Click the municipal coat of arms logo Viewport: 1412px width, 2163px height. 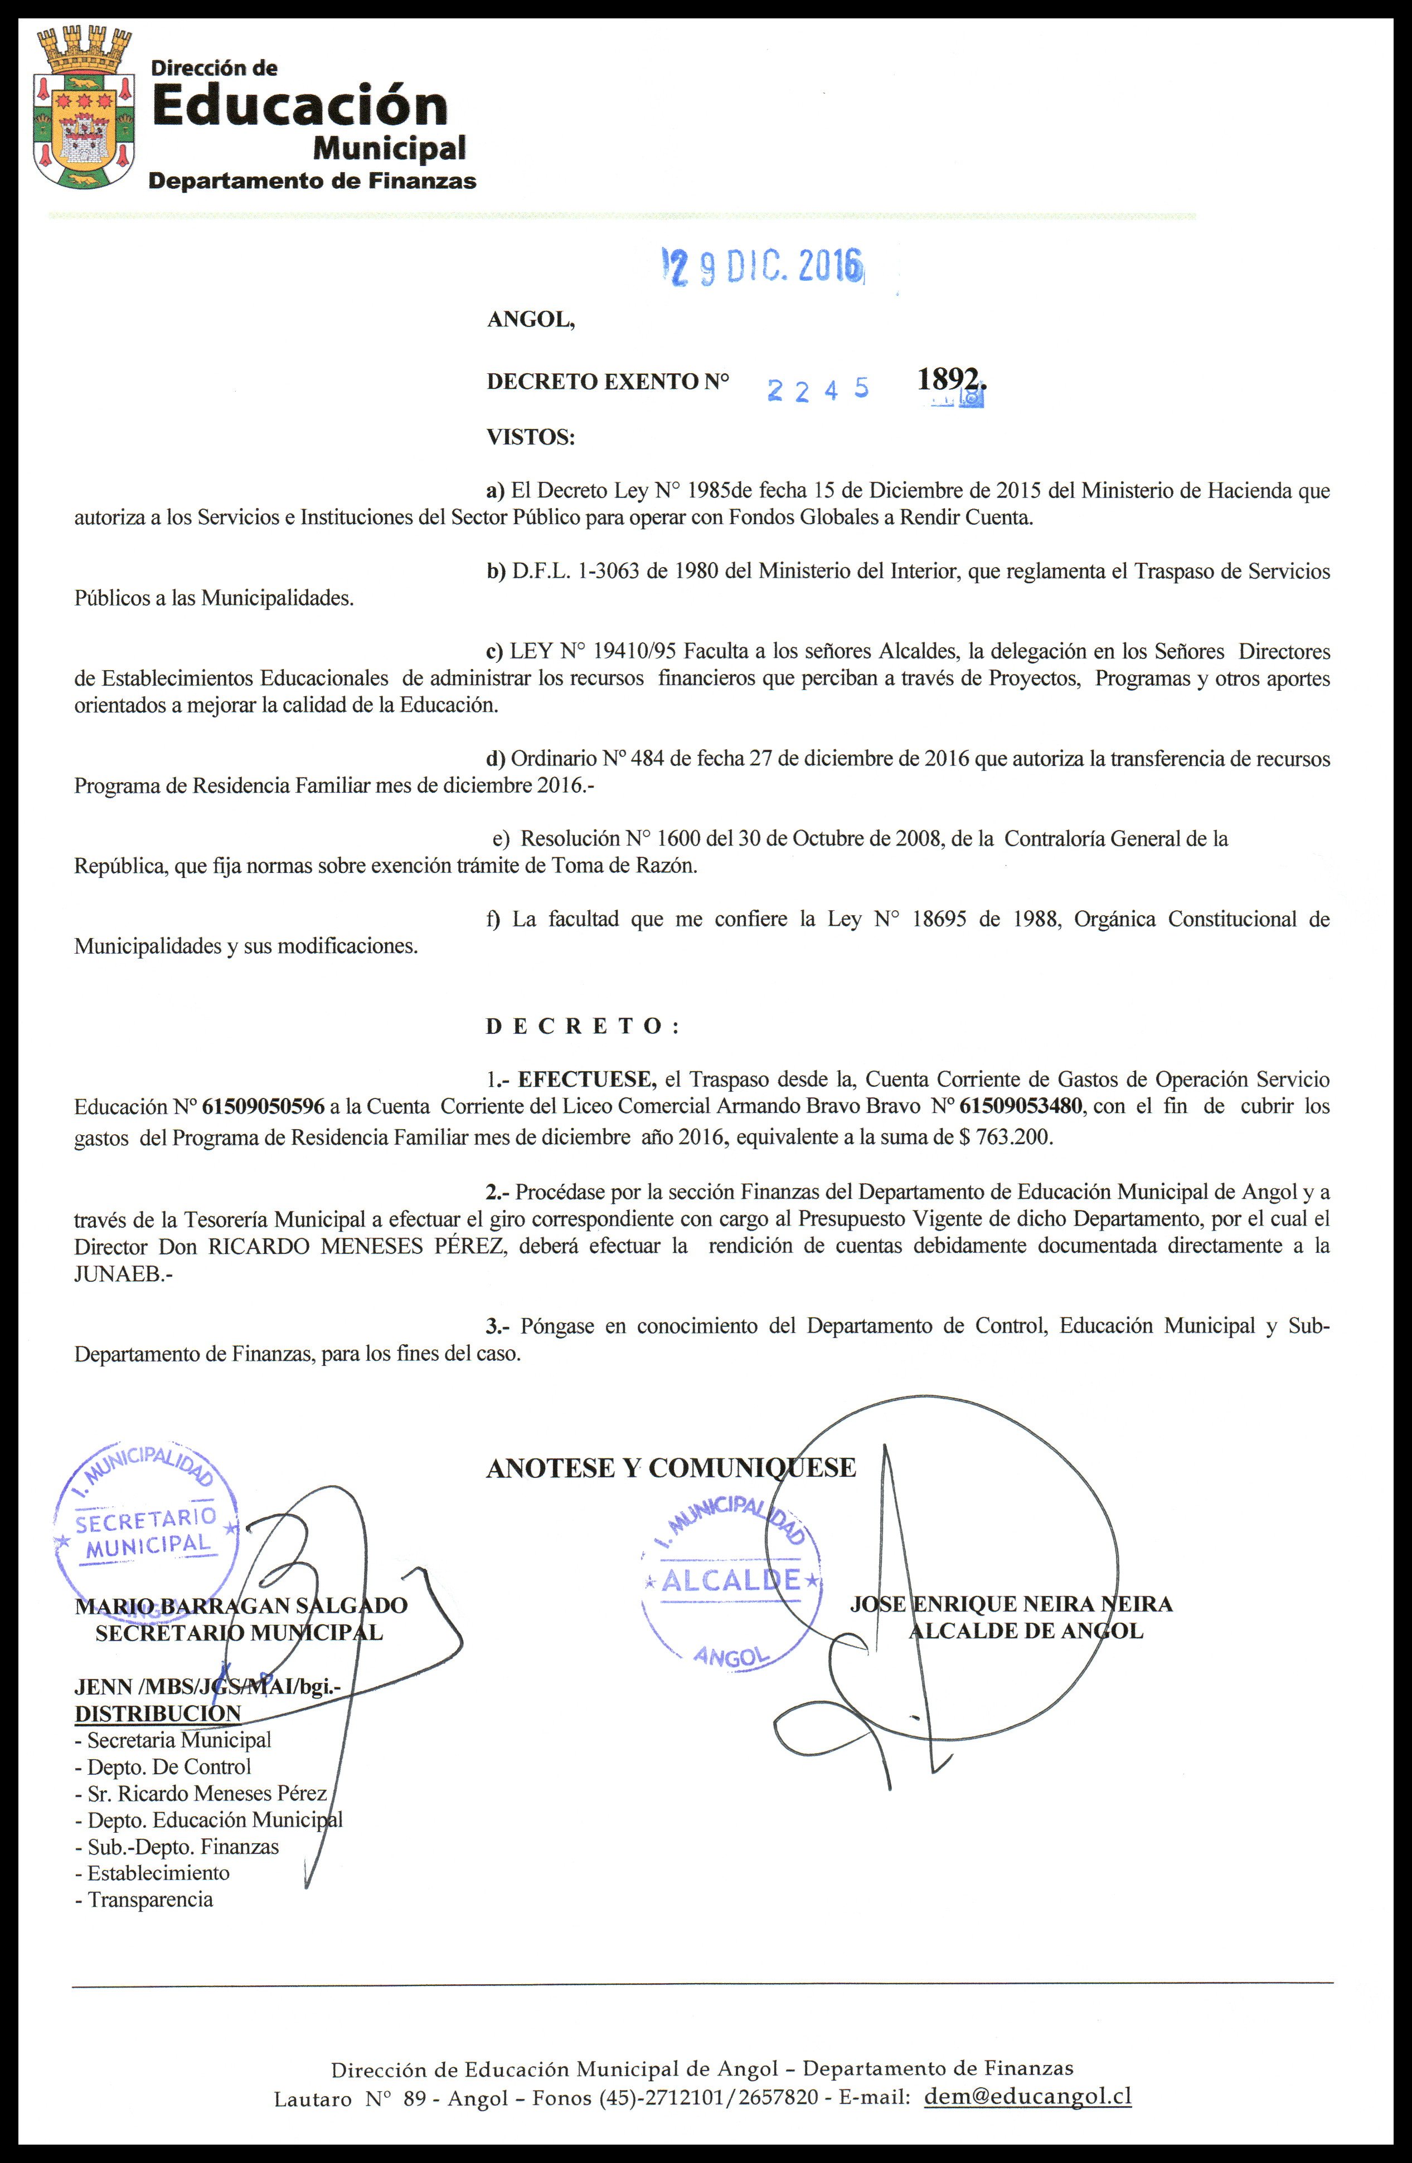pyautogui.click(x=84, y=109)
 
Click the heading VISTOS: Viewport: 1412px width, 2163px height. pyautogui.click(x=531, y=437)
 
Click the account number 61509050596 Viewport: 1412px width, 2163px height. pyautogui.click(x=264, y=1107)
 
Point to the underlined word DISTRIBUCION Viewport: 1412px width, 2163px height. pyautogui.click(x=157, y=1714)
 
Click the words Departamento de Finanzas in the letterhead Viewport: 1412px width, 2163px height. pyautogui.click(x=312, y=181)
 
